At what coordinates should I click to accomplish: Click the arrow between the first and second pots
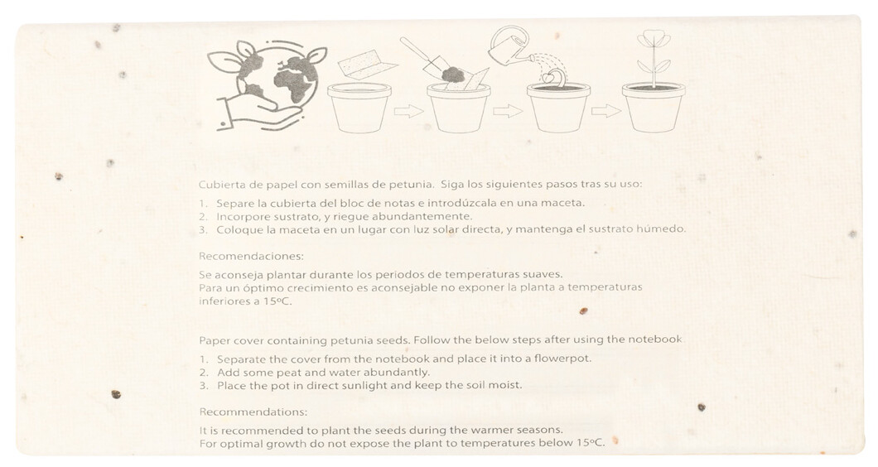(x=408, y=111)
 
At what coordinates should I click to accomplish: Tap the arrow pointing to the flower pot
(x=605, y=111)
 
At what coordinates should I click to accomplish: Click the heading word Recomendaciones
(x=251, y=257)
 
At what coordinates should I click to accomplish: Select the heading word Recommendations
(x=253, y=412)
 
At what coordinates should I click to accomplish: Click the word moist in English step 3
(x=507, y=385)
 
